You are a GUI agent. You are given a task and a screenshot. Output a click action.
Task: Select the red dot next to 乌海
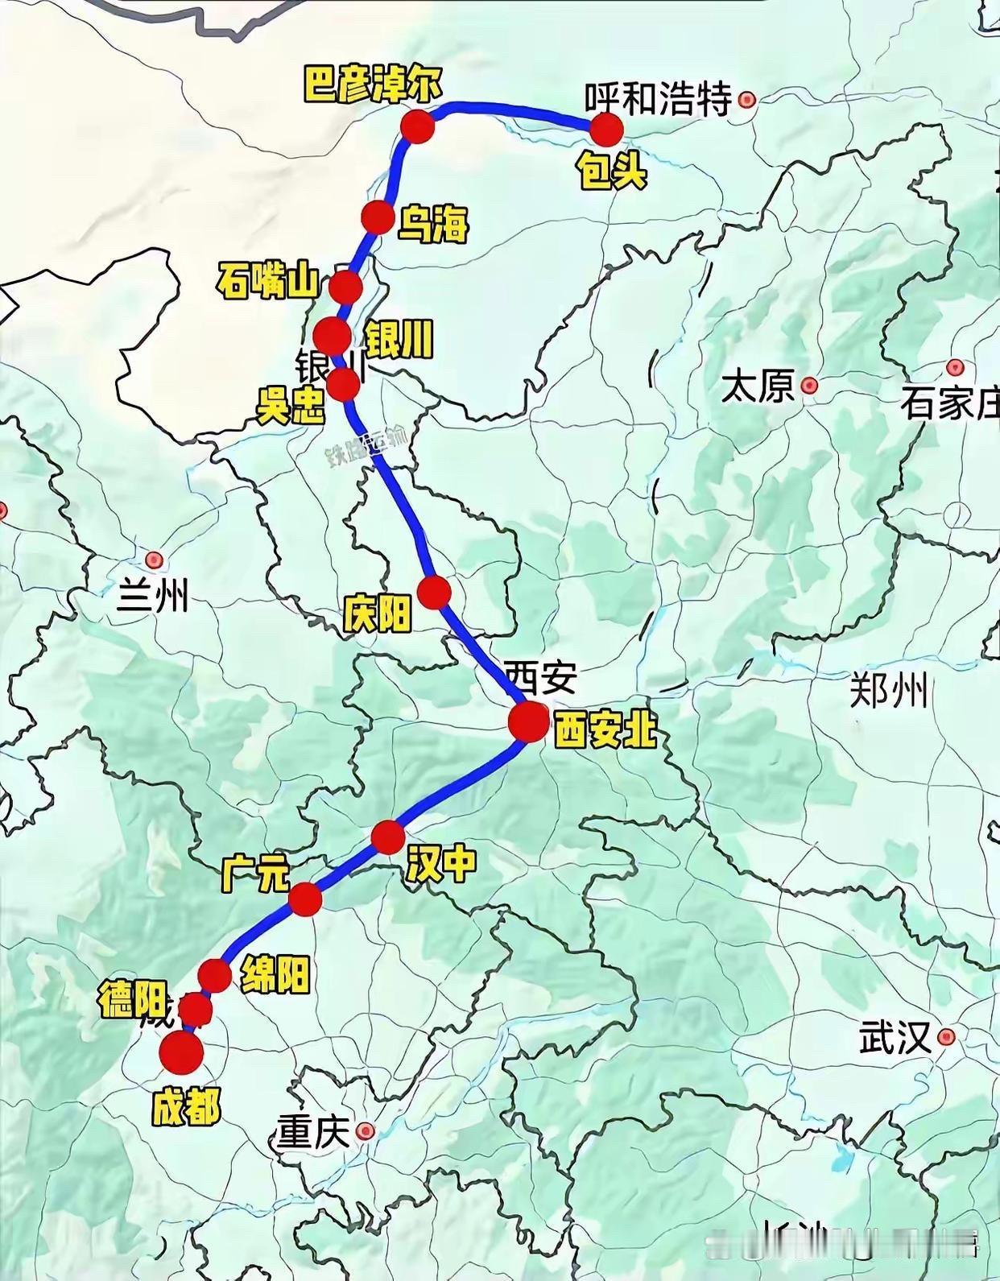click(x=377, y=217)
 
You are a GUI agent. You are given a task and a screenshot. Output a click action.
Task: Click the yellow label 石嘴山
click(x=268, y=282)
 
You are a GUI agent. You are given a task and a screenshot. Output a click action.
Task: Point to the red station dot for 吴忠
click(x=344, y=385)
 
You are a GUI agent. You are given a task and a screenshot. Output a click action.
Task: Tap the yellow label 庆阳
click(x=377, y=614)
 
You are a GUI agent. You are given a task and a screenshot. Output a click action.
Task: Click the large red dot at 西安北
click(x=528, y=721)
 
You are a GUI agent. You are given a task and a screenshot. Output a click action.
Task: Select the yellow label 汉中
click(x=441, y=864)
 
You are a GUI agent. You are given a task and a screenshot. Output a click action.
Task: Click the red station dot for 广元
click(x=305, y=899)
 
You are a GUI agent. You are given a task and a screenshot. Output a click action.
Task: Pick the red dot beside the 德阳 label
click(x=196, y=1008)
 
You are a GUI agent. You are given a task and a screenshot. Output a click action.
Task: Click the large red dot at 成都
click(x=180, y=1053)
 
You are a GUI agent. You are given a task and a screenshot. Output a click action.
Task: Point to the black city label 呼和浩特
click(x=658, y=100)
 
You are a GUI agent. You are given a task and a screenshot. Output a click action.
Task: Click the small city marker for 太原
click(x=809, y=386)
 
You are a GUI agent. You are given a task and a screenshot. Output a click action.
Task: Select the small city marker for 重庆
click(x=366, y=1131)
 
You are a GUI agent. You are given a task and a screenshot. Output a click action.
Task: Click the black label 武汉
click(x=895, y=1037)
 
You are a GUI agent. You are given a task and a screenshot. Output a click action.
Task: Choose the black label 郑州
click(x=889, y=691)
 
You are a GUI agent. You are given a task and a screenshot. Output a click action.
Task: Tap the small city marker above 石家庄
click(x=955, y=367)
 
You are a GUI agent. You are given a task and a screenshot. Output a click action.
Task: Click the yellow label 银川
click(x=399, y=338)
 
